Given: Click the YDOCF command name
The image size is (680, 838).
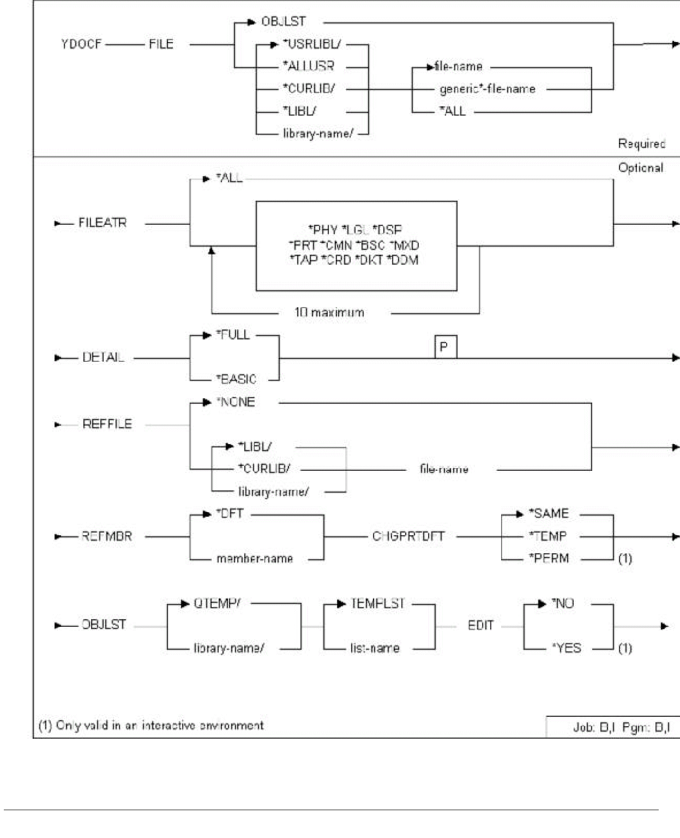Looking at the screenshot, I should (81, 44).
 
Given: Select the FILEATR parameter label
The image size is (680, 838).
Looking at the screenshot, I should (103, 223).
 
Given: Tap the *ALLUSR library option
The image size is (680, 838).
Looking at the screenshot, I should (309, 67).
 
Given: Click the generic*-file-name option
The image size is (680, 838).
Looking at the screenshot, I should (487, 89).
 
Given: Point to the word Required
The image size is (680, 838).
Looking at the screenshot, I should (641, 144).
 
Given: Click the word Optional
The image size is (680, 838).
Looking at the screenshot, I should (640, 168).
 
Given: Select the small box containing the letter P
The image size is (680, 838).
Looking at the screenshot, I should (445, 347).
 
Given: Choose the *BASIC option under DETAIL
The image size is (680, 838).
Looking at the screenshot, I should (236, 379).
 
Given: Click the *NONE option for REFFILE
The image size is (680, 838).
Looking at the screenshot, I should (236, 402).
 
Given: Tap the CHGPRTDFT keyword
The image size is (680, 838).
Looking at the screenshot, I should (408, 536).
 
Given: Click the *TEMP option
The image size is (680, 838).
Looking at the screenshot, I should (547, 536).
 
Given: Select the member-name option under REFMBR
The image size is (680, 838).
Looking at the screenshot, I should (255, 559).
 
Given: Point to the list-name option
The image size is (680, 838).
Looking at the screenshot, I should (375, 648).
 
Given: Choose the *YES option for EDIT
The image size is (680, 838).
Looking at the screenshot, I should (567, 648).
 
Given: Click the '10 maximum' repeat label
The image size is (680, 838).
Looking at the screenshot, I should (329, 313).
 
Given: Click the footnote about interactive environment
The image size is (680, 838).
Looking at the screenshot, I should (151, 726).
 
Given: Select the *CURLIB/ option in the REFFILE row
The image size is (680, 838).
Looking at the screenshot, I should (264, 469).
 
